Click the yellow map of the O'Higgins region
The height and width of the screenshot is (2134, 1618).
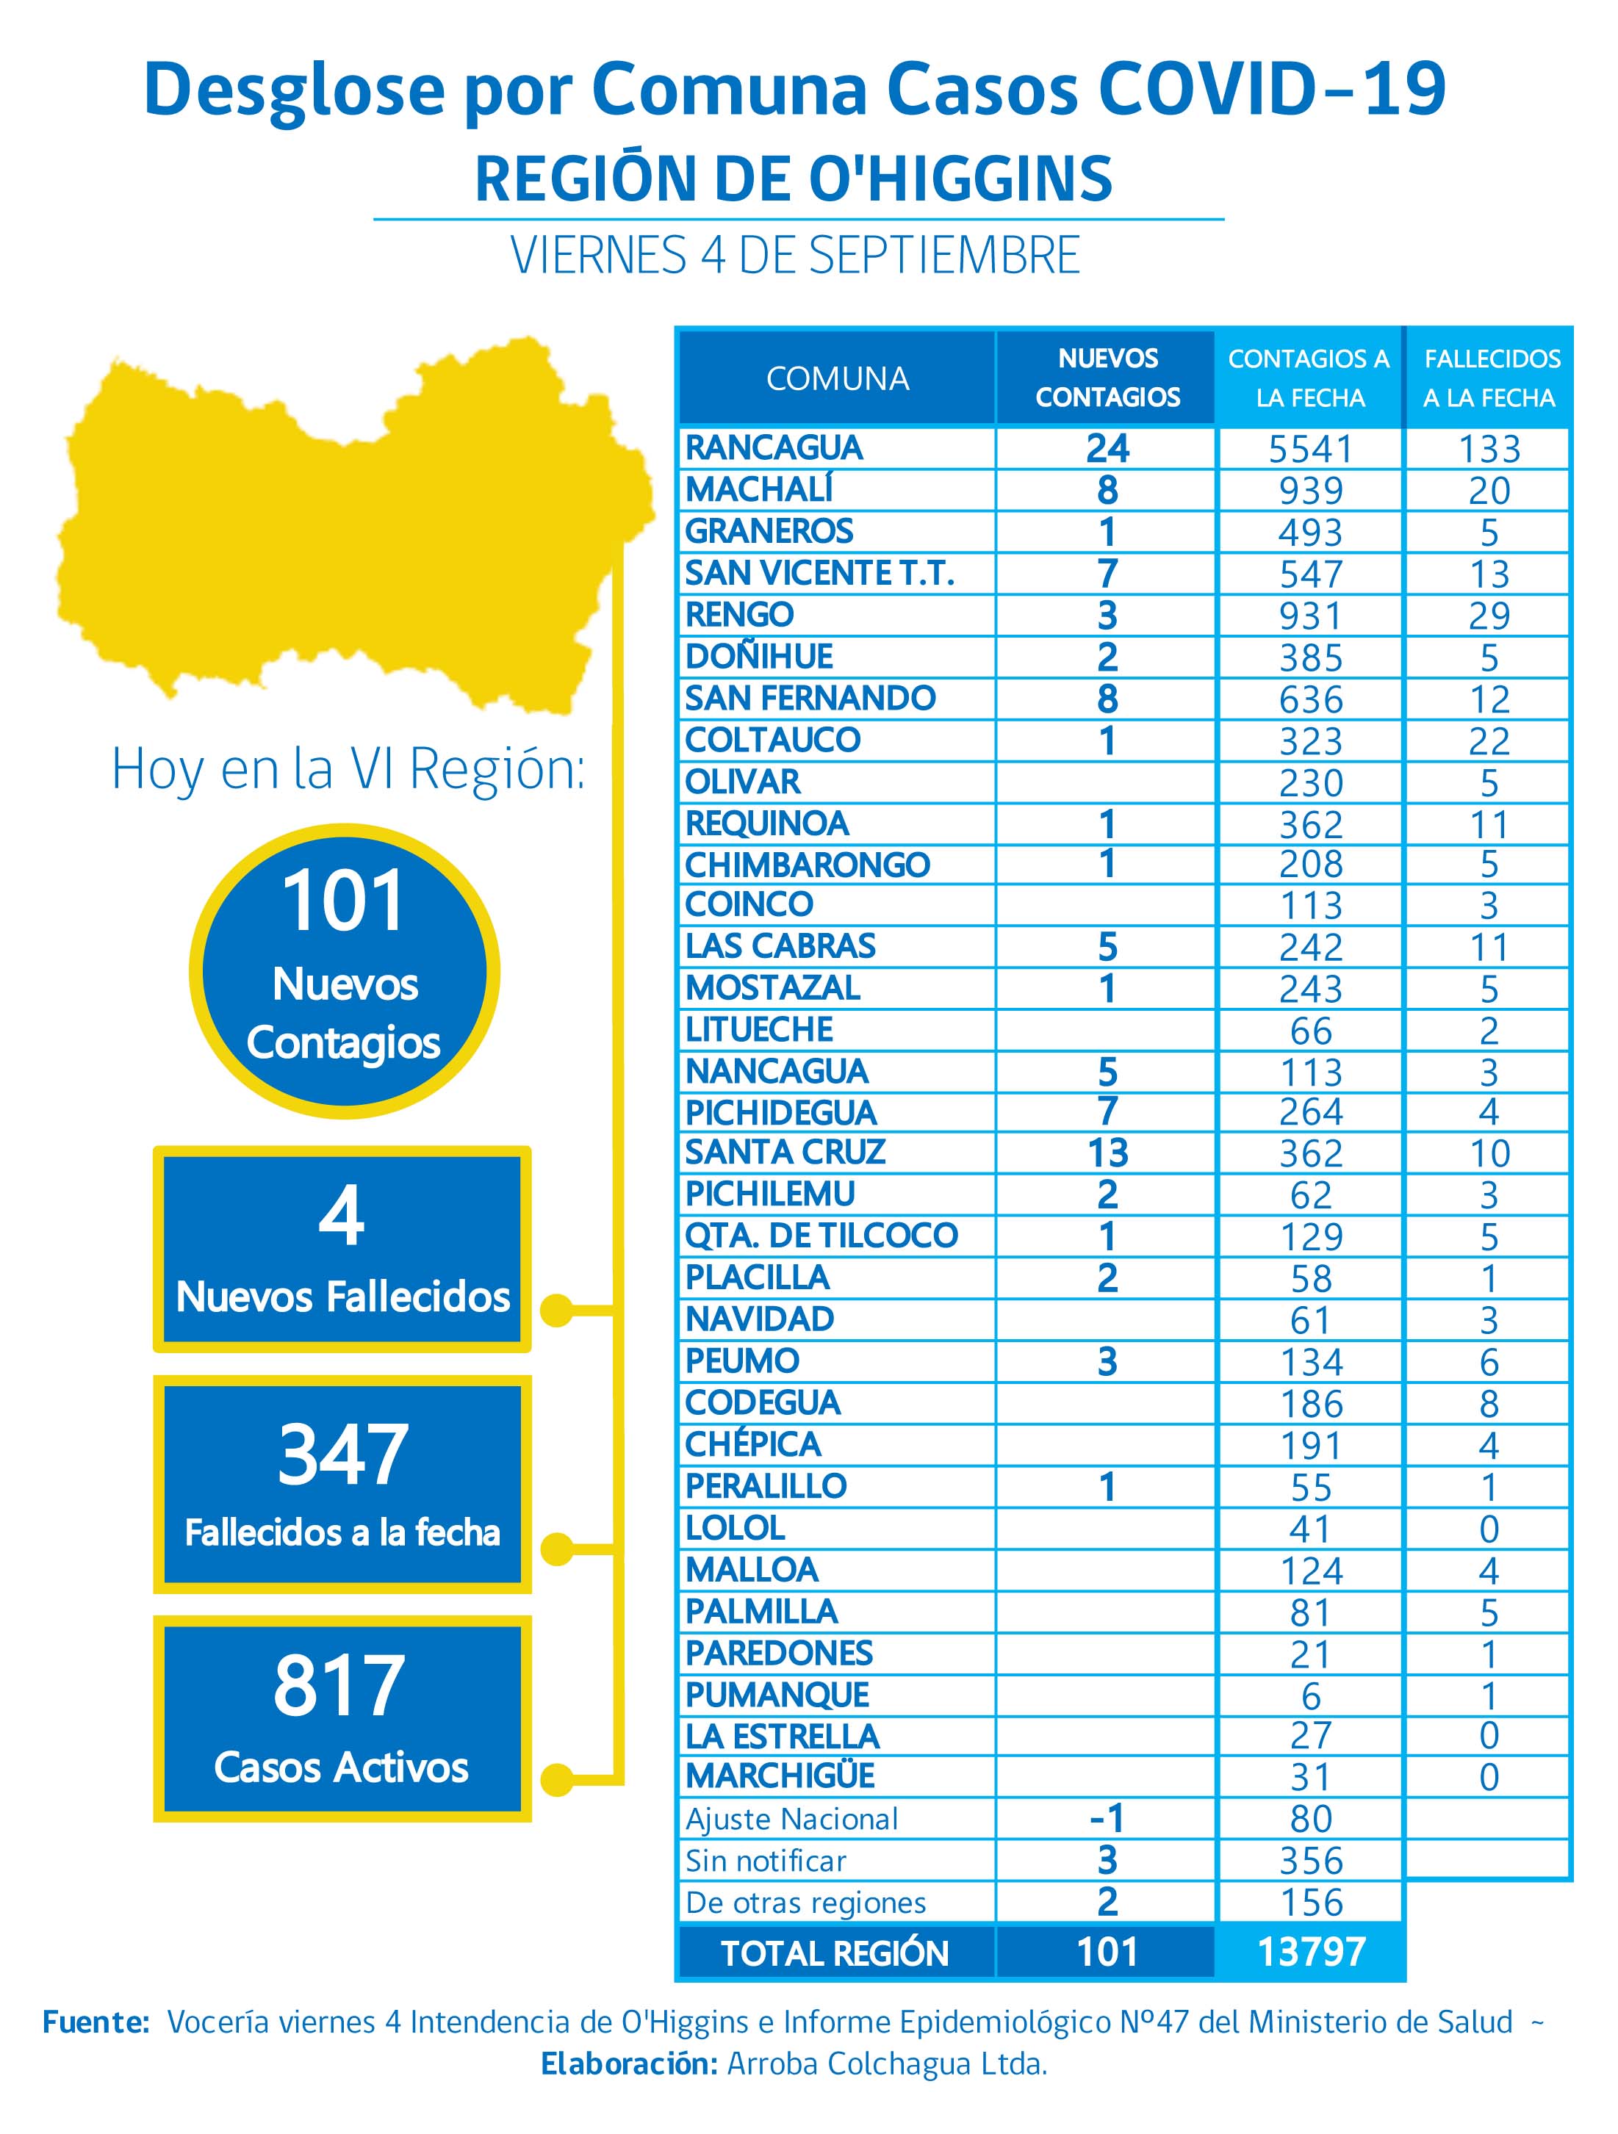click(348, 521)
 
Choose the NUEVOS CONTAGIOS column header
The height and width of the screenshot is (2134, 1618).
click(1107, 378)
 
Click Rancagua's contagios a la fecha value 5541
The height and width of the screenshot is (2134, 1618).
click(1310, 450)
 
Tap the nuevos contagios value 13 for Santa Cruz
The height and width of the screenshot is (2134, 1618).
click(1107, 1153)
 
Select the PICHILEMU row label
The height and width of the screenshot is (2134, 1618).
click(769, 1194)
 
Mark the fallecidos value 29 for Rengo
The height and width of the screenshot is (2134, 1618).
click(1489, 616)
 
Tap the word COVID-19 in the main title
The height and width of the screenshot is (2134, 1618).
click(1272, 89)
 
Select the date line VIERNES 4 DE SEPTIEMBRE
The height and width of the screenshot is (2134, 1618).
click(795, 256)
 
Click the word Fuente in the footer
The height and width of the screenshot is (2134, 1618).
click(95, 2022)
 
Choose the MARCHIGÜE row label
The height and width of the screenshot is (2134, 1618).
click(780, 1776)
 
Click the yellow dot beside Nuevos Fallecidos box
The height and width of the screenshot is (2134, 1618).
click(557, 1310)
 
